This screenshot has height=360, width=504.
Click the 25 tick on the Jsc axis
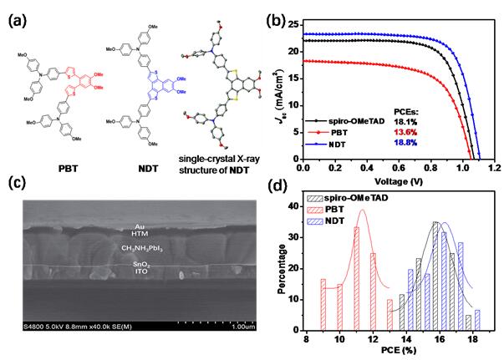tap(293, 23)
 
